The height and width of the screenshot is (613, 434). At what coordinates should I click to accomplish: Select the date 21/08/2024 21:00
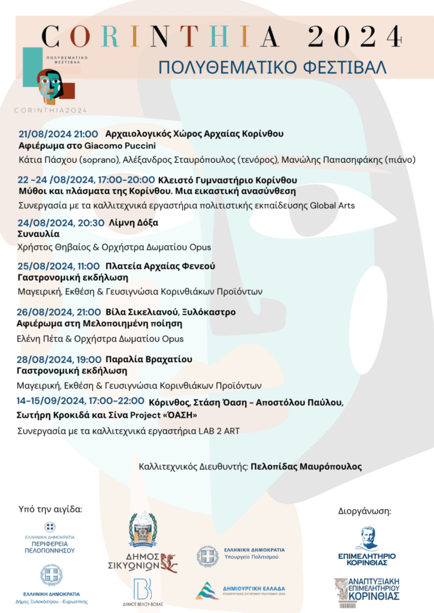58,133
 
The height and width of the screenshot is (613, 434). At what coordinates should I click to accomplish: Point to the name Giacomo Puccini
117,145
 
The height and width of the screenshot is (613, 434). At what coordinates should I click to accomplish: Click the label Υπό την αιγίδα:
50,510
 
